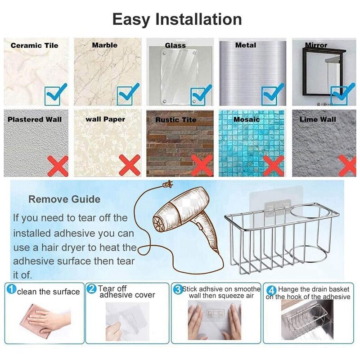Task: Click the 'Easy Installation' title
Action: click(177, 19)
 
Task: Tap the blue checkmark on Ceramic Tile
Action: click(56, 94)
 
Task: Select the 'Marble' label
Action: click(104, 45)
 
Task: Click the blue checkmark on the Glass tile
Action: click(201, 94)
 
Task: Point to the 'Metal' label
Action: click(246, 45)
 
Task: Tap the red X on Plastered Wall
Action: click(57, 166)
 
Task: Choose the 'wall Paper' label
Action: click(105, 119)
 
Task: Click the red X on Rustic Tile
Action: click(202, 166)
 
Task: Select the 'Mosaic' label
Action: click(247, 119)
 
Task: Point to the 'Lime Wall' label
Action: click(318, 119)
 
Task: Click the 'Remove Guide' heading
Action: click(64, 199)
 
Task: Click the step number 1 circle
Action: click(11, 289)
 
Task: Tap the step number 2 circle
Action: click(92, 289)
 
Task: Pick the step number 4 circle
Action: click(271, 290)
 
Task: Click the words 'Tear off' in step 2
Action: click(112, 288)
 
